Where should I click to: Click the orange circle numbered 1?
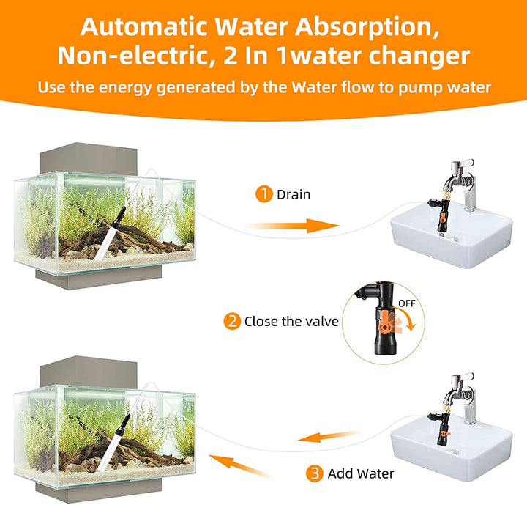pyautogui.click(x=263, y=194)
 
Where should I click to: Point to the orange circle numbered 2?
pyautogui.click(x=232, y=321)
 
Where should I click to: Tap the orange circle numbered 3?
pyautogui.click(x=315, y=473)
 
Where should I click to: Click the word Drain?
pyautogui.click(x=294, y=194)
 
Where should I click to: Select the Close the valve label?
pyautogui.click(x=291, y=321)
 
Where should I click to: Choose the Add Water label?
pyautogui.click(x=361, y=473)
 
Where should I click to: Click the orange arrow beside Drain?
pyautogui.click(x=293, y=226)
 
